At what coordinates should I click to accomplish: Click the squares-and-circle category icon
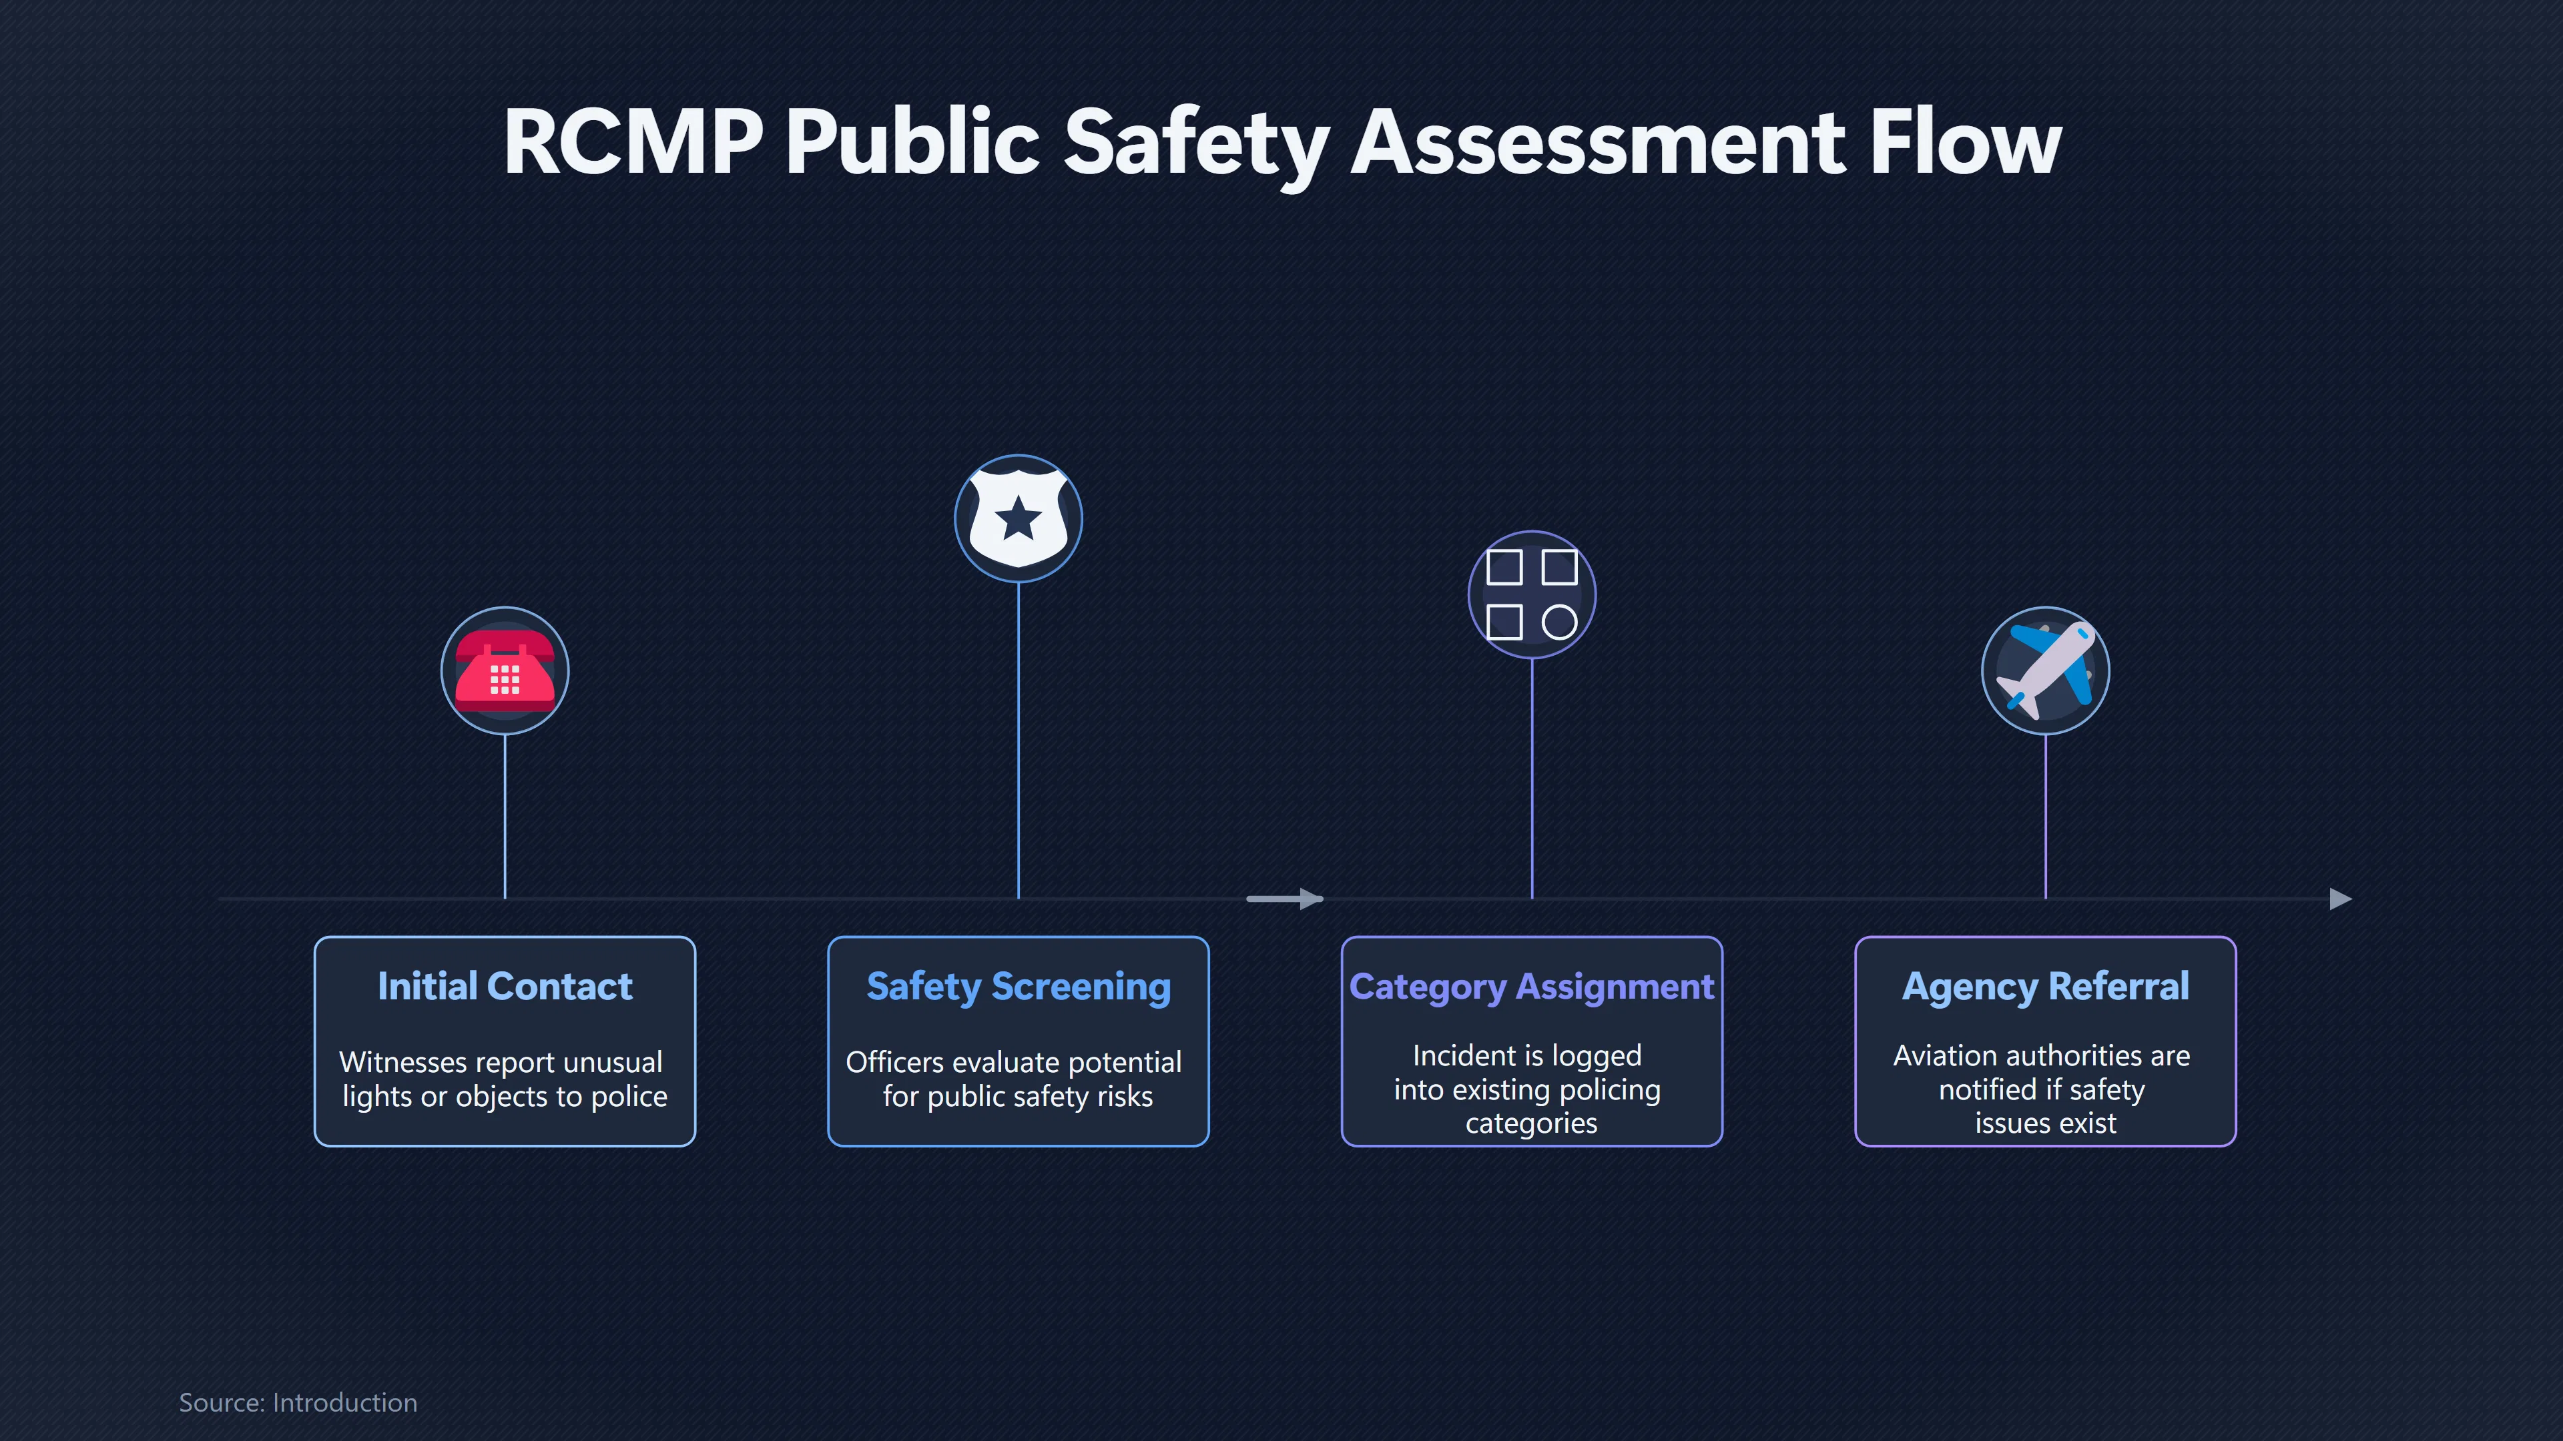(1531, 594)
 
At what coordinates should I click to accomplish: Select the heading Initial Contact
(505, 987)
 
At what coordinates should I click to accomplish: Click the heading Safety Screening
(1018, 987)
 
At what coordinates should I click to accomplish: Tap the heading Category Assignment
(1531, 987)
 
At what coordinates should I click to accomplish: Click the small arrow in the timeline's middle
(1284, 899)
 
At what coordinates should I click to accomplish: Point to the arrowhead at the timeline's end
(2341, 899)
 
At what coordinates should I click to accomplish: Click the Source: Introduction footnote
(298, 1402)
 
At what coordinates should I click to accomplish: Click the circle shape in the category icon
(1559, 622)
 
